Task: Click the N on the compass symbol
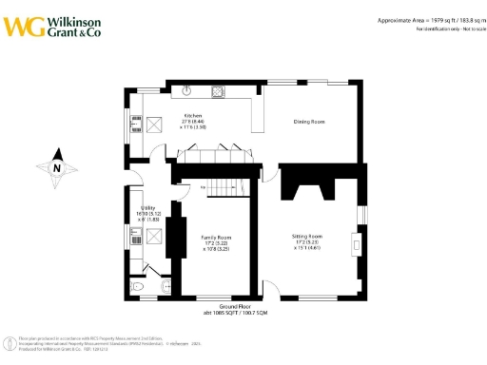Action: coord(57,168)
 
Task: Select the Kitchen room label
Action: coord(192,116)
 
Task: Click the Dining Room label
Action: coord(309,122)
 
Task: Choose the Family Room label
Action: coord(215,236)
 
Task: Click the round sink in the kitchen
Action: coord(187,92)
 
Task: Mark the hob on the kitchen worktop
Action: coord(218,92)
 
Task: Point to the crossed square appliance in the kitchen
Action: coord(151,125)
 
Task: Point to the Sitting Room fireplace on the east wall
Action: coord(355,244)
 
